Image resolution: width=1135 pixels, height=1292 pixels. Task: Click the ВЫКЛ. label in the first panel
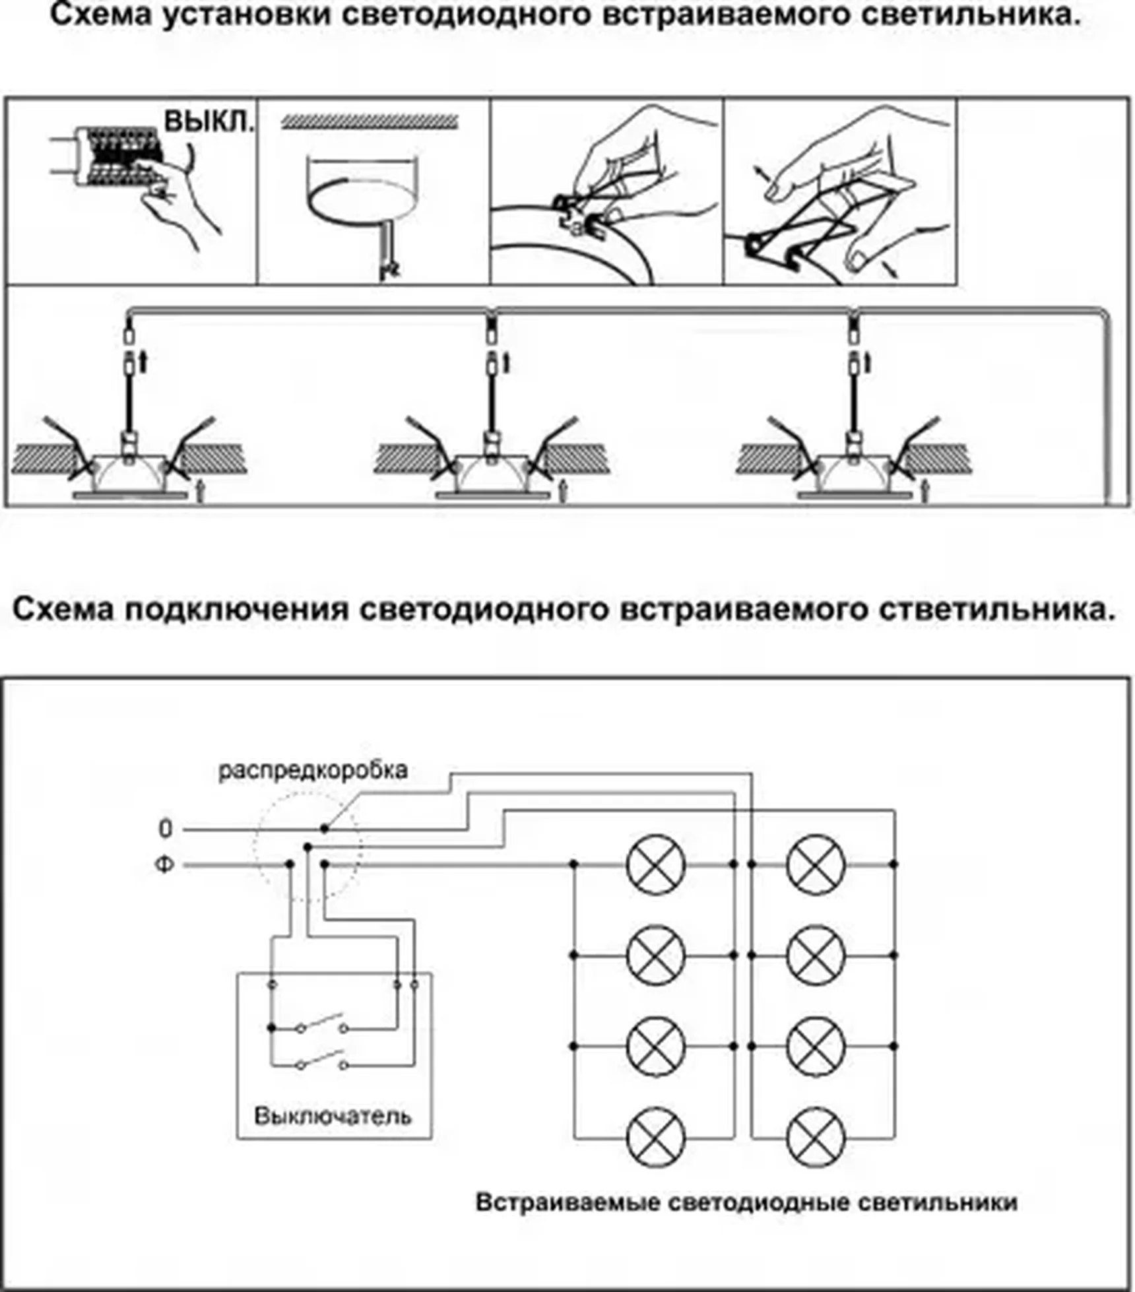click(x=209, y=123)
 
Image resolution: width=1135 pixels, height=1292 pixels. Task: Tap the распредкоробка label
click(x=313, y=770)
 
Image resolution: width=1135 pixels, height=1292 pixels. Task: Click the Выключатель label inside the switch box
click(x=333, y=1116)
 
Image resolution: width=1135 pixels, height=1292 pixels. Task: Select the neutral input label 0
click(x=166, y=829)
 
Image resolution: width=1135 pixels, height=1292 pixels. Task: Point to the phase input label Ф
click(x=164, y=864)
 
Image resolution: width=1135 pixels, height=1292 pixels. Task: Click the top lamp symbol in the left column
click(x=655, y=864)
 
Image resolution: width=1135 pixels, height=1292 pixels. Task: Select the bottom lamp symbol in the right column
click(x=816, y=1138)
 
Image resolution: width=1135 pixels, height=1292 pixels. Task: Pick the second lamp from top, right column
click(x=816, y=955)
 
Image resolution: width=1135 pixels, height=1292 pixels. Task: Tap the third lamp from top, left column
click(x=655, y=1047)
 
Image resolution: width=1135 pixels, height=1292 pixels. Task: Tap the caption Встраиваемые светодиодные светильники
click(x=746, y=1202)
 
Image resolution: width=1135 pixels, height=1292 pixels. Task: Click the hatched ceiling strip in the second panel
click(x=370, y=121)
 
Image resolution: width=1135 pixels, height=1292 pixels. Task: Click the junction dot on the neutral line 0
click(x=324, y=828)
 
